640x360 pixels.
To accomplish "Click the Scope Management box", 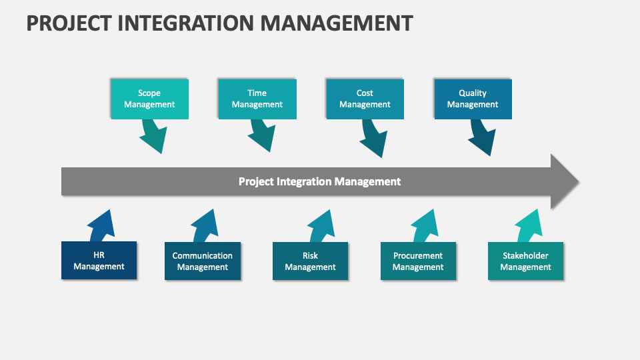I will [149, 99].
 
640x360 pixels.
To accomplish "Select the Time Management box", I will [257, 99].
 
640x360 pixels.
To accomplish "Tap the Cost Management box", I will [365, 99].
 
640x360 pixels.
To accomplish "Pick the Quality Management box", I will [473, 99].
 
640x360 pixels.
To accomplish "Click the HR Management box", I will [99, 261].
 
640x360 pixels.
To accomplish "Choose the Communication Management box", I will [203, 261].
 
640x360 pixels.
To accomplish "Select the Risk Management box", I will [310, 261].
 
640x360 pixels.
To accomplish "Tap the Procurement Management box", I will [418, 261].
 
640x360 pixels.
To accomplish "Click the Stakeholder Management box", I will [525, 261].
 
